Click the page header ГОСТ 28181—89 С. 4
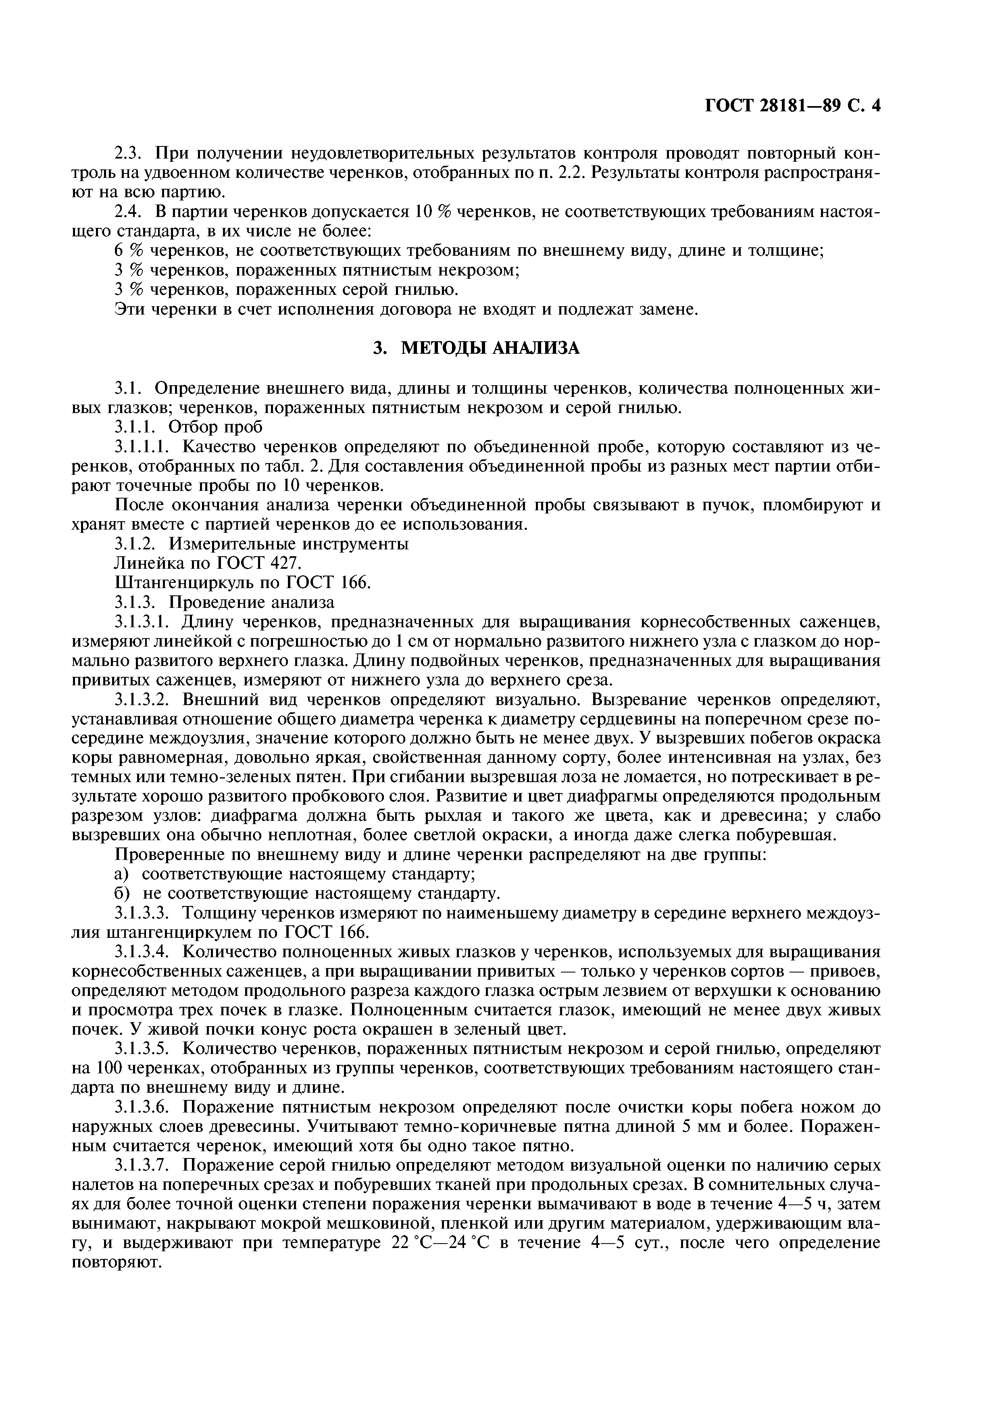[x=792, y=106]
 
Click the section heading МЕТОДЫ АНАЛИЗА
[x=477, y=348]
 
